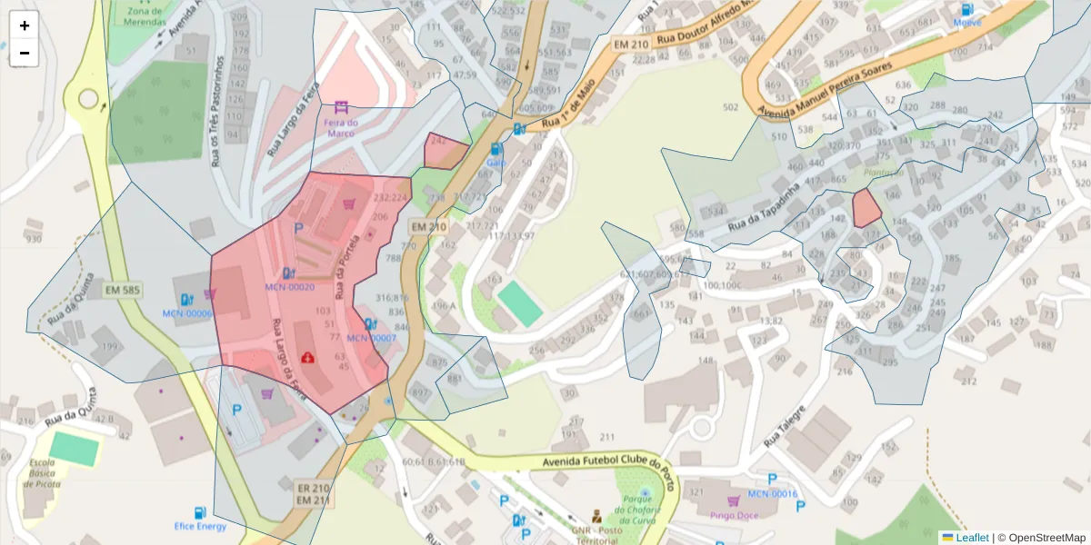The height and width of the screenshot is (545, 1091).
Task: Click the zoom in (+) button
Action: coord(25,25)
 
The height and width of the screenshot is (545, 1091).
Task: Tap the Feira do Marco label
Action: coord(341,128)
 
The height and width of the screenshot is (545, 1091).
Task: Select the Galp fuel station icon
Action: coord(495,149)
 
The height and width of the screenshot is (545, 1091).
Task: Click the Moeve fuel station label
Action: coord(967,23)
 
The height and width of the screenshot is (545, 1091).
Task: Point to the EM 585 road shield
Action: coord(123,291)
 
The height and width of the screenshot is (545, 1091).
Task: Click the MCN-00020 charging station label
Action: coord(289,287)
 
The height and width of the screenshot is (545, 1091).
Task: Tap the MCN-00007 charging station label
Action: coord(371,338)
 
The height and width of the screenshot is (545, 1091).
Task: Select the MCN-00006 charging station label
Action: coord(187,313)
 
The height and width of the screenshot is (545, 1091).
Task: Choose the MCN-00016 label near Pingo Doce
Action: coord(772,494)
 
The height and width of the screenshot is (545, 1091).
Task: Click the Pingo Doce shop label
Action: coord(735,516)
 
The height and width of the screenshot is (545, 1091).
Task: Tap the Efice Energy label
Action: coord(200,526)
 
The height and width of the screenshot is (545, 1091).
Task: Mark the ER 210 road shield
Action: coord(313,488)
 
